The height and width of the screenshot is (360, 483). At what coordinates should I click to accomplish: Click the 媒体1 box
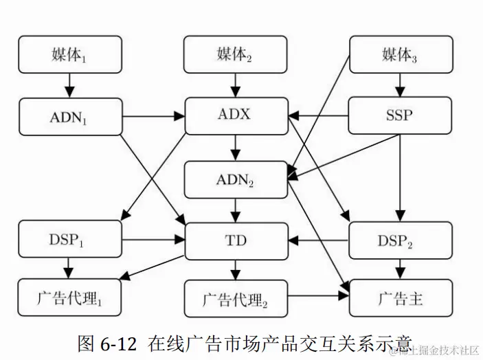(69, 54)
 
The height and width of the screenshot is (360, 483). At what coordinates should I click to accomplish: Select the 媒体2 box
(235, 54)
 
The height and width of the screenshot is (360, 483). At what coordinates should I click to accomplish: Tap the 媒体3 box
(401, 54)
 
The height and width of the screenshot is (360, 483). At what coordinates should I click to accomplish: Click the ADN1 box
(69, 115)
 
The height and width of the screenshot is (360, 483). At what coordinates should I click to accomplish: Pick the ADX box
(235, 115)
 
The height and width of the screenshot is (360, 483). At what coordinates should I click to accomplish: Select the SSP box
(401, 115)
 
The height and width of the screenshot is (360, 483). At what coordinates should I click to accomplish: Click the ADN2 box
(235, 180)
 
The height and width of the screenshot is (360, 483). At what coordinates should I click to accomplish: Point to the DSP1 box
(69, 240)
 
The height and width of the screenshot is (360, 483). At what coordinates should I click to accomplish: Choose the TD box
(235, 240)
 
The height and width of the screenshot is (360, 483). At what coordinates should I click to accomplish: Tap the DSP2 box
(401, 240)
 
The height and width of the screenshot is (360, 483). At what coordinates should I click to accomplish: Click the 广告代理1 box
(69, 299)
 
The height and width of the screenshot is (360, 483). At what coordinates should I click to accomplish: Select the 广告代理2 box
(235, 299)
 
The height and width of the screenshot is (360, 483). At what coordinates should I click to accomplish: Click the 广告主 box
(401, 299)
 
